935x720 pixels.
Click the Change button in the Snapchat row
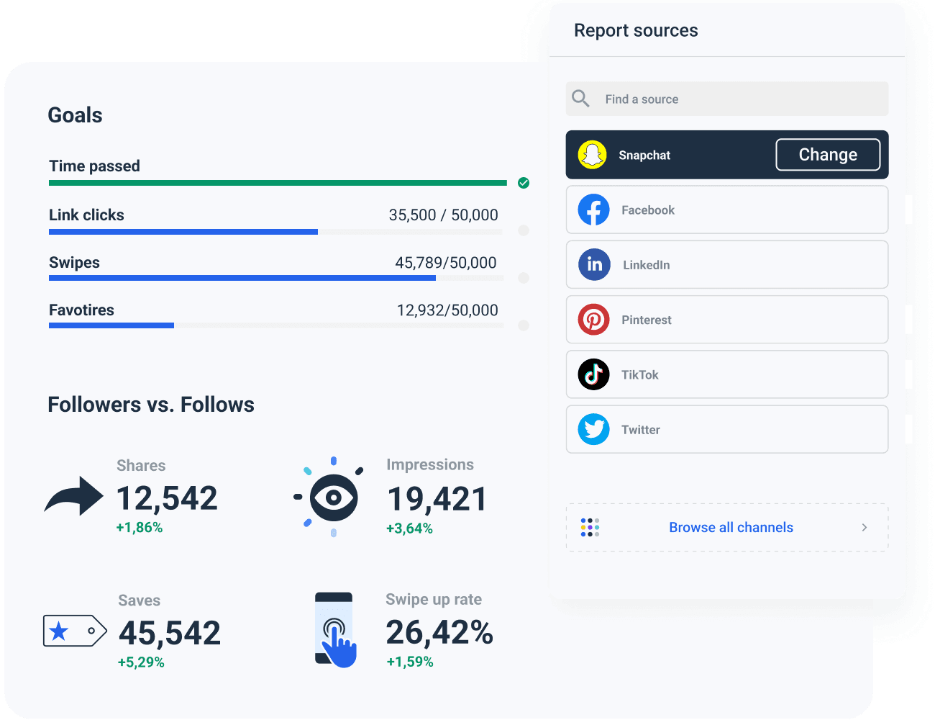point(828,155)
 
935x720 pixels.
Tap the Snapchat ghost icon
point(593,155)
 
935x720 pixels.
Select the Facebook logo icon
point(593,210)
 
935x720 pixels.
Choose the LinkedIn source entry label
point(646,265)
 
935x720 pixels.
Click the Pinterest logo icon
point(593,320)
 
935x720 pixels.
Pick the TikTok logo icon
point(593,374)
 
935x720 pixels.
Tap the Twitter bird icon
point(593,429)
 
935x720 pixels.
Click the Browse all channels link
point(731,527)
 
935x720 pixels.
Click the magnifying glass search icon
point(580,99)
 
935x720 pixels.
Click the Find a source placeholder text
point(642,99)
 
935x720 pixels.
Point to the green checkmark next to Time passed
point(524,183)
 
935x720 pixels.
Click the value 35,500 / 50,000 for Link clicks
point(443,215)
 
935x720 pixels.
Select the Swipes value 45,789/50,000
point(445,263)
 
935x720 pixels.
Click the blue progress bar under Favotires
point(111,325)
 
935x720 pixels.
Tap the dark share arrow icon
point(74,496)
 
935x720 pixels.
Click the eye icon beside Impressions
point(333,497)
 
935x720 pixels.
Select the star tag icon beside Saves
point(74,631)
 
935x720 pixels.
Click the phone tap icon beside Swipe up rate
point(335,630)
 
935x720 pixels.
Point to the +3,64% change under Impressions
point(409,528)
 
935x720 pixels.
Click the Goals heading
point(75,115)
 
